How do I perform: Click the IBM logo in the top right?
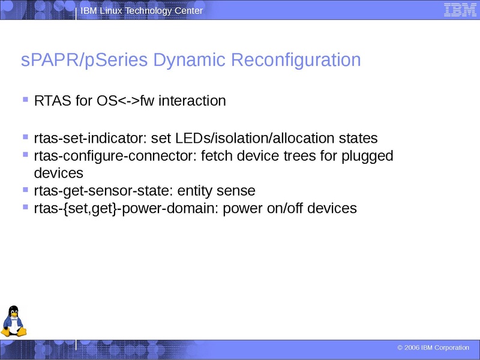coord(460,10)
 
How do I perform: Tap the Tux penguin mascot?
coord(13,321)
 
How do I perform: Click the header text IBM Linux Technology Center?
coord(142,11)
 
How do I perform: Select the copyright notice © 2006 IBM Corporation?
coord(433,348)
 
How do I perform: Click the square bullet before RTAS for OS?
coord(25,99)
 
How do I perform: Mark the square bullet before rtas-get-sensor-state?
coord(25,189)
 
